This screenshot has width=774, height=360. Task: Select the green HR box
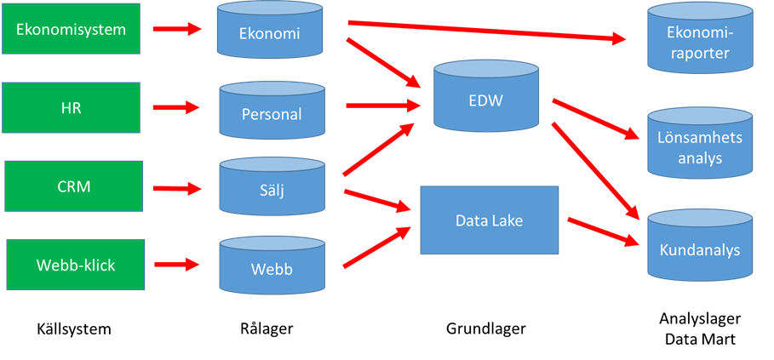pyautogui.click(x=71, y=108)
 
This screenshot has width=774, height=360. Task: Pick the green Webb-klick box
pyautogui.click(x=75, y=265)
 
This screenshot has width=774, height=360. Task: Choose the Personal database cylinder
pyautogui.click(x=272, y=113)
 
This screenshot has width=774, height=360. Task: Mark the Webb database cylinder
pyautogui.click(x=272, y=268)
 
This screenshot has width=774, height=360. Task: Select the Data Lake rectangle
pyautogui.click(x=489, y=220)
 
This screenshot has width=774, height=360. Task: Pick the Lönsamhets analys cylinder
pyautogui.click(x=700, y=146)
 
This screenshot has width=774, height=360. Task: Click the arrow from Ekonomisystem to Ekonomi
pyautogui.click(x=176, y=30)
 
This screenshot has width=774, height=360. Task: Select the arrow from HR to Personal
pyautogui.click(x=176, y=108)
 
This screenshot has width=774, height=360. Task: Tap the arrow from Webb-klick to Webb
pyautogui.click(x=177, y=265)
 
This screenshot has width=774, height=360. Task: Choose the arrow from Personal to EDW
pyautogui.click(x=385, y=106)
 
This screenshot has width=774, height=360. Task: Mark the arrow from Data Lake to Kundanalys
pyautogui.click(x=605, y=231)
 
